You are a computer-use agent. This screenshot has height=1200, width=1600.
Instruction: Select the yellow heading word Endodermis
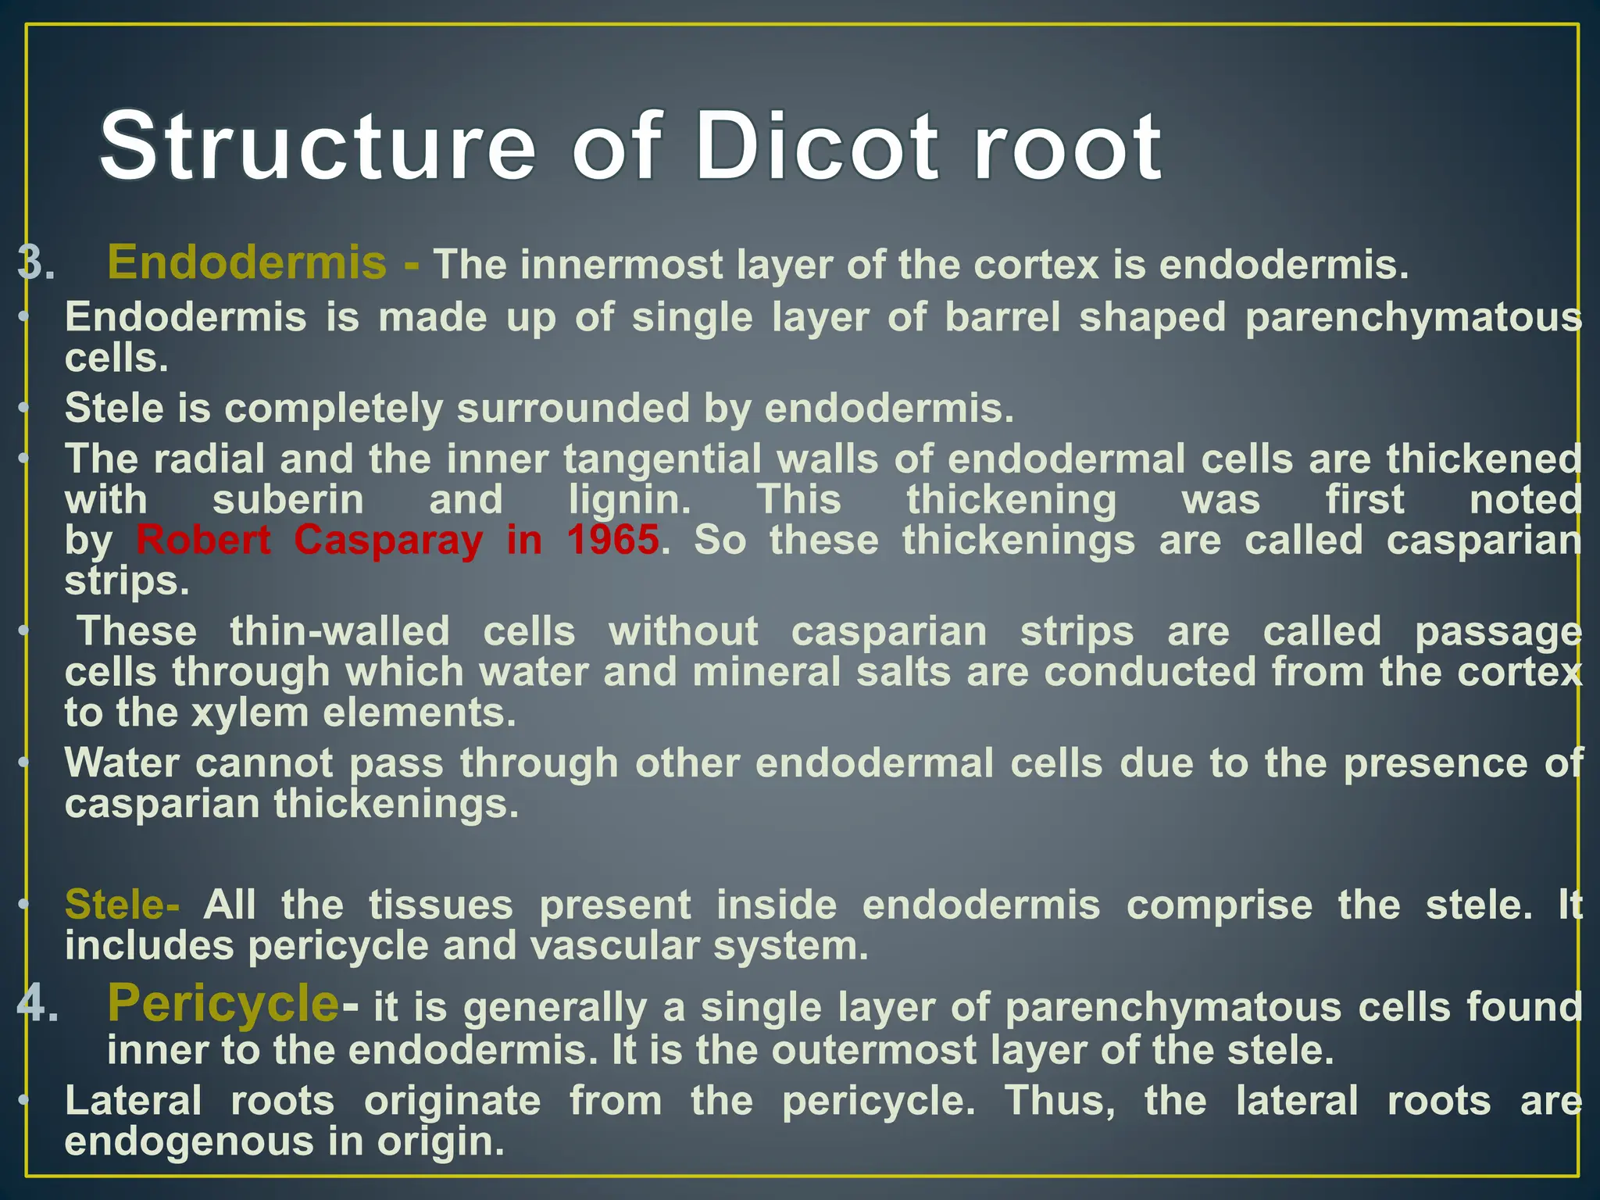247,262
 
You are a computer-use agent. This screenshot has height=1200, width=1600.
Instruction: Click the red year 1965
612,540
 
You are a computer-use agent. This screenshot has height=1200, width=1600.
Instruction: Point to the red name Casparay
388,540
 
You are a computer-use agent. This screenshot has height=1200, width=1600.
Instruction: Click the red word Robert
204,540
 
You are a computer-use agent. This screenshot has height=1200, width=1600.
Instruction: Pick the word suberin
287,500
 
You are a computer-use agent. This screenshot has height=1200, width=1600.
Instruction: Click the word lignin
629,500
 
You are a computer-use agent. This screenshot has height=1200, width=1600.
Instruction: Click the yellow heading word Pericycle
223,1003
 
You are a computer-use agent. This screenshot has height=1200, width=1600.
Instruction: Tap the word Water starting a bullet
122,763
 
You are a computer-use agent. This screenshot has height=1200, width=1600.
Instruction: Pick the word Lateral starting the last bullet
133,1101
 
